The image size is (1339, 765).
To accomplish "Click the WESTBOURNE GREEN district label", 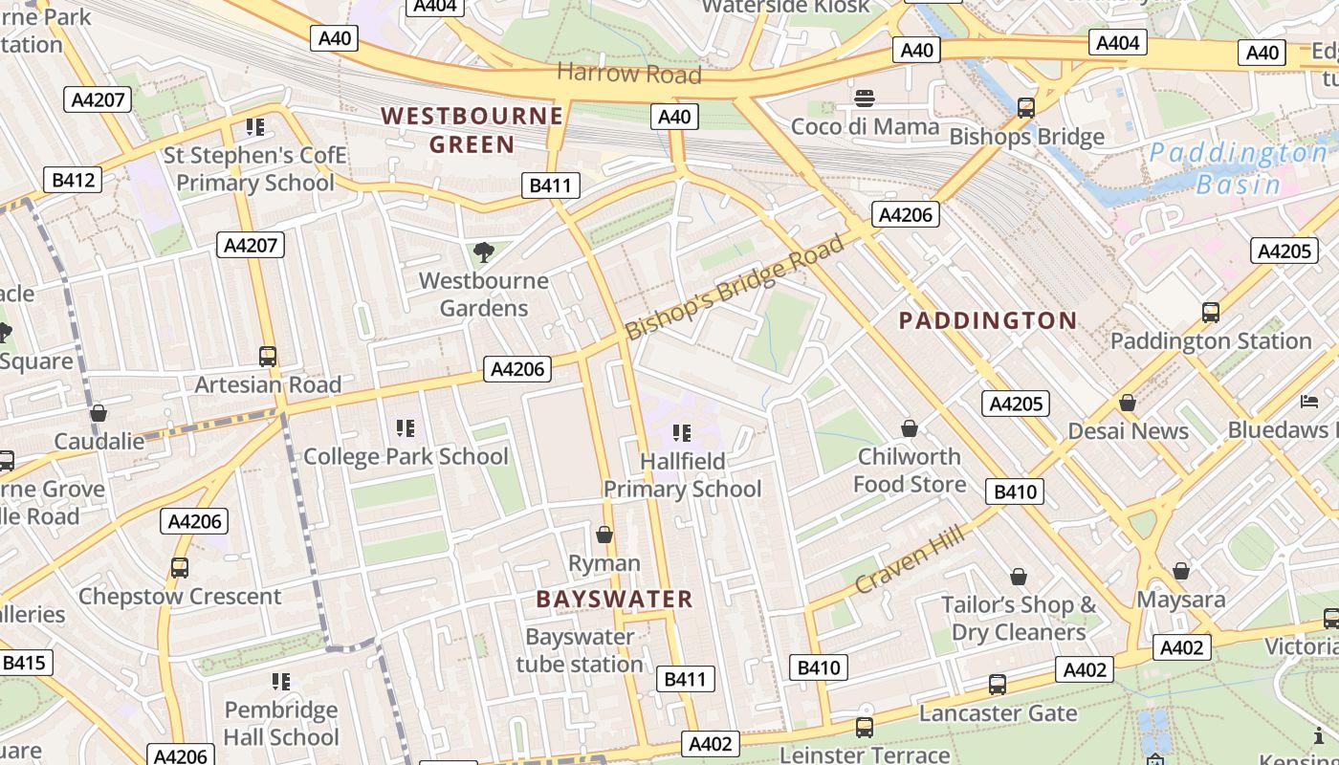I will tap(472, 130).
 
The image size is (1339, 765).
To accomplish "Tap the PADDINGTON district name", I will tap(988, 320).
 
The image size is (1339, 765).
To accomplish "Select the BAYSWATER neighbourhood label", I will tap(614, 600).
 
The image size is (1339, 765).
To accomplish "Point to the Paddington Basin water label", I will tap(1238, 168).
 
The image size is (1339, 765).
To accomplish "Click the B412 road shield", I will tap(73, 179).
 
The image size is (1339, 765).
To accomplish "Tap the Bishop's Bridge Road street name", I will tap(735, 286).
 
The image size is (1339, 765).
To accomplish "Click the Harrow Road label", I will tap(628, 74).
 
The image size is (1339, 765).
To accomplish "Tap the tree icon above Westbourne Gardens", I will tap(484, 252).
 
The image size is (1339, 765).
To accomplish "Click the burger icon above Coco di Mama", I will tap(865, 98).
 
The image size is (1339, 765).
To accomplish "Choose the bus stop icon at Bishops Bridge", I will tap(1026, 108).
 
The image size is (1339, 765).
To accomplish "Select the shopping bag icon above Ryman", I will tap(604, 535).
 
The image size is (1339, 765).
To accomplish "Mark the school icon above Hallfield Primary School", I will tap(682, 433).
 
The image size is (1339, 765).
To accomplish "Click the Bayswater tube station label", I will tap(580, 650).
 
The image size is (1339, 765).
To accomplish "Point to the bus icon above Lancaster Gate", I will tap(998, 685).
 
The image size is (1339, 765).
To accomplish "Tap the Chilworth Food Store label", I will tap(909, 470).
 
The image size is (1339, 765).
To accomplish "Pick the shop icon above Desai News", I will tap(1128, 404).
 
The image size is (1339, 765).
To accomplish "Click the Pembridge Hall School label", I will tap(281, 723).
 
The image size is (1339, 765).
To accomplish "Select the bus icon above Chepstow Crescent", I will tap(180, 568).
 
